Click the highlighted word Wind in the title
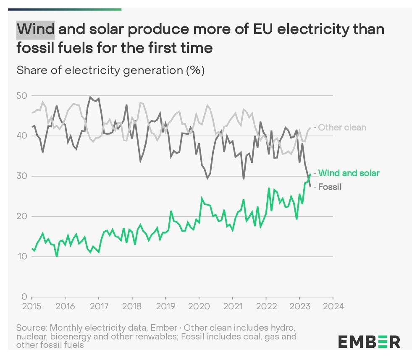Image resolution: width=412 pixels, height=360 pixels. pos(35,30)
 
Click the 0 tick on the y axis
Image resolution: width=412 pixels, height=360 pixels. pos(24,297)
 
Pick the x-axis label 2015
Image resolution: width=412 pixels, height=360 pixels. pos(31,306)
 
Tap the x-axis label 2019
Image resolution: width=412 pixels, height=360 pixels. pos(165,306)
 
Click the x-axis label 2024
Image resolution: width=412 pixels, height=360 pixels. pos(333,306)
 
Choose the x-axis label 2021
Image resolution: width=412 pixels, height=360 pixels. pos(232,306)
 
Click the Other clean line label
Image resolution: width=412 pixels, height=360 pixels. pos(342,128)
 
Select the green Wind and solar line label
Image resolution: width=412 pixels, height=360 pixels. pos(349,173)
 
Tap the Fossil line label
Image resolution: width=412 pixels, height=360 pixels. pos(330,187)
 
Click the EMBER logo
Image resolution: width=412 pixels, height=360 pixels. pos(369,342)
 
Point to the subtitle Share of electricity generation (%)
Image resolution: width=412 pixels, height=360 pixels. pos(110,70)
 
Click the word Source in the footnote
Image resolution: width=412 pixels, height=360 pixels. pos(31,327)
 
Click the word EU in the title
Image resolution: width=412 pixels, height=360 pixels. pos(262,30)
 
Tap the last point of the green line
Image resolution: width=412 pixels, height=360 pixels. pos(310,174)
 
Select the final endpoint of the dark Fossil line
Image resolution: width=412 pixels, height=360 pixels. pos(310,187)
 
